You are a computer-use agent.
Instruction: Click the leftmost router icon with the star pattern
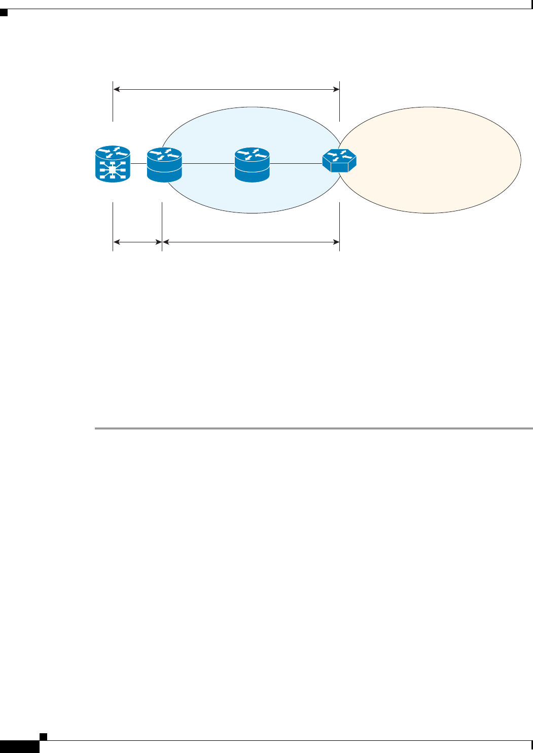coord(113,164)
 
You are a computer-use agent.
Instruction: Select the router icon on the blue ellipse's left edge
coord(164,165)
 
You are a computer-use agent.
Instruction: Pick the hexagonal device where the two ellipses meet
coord(339,161)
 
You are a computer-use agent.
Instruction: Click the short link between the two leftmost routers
coord(139,164)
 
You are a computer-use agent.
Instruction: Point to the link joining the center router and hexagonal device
coord(296,164)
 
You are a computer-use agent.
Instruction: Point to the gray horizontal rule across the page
coord(313,429)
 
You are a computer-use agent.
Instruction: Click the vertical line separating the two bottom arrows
coord(162,226)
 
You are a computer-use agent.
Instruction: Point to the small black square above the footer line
coord(44,736)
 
